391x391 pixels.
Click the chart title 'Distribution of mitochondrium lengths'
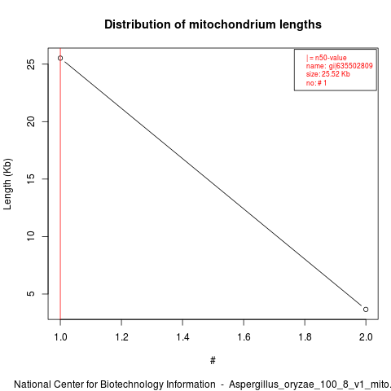[213, 24]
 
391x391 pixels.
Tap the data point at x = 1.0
[60, 58]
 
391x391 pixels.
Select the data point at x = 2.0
[366, 310]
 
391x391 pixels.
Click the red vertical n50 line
[60, 183]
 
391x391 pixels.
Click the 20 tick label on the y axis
[31, 121]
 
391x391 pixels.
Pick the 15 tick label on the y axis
[31, 179]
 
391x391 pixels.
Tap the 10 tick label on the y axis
[31, 236]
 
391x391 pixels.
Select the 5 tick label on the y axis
[31, 294]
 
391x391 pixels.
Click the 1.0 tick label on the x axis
[60, 337]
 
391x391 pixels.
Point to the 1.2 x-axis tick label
[121, 337]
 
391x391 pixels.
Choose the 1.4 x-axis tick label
[182, 337]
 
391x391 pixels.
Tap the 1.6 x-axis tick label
[244, 337]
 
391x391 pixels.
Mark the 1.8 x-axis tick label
[305, 337]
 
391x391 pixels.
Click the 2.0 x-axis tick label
[366, 337]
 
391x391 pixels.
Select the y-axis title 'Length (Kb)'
[7, 184]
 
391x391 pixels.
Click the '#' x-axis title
[213, 361]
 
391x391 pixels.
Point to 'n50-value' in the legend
[331, 58]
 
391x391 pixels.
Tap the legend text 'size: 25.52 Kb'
[328, 74]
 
